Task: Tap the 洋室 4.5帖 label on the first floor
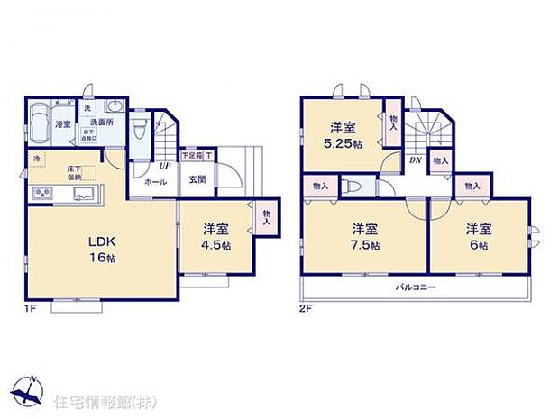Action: coord(214,236)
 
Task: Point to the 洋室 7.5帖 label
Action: coord(364,236)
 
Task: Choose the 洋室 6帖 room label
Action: coord(478,236)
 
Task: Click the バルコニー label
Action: coord(416,287)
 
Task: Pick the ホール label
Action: coord(154,180)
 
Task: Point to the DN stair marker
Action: coord(416,160)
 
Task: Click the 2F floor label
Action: coord(305,309)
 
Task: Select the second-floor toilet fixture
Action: coord(356,187)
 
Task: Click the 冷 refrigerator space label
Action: coord(37,159)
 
